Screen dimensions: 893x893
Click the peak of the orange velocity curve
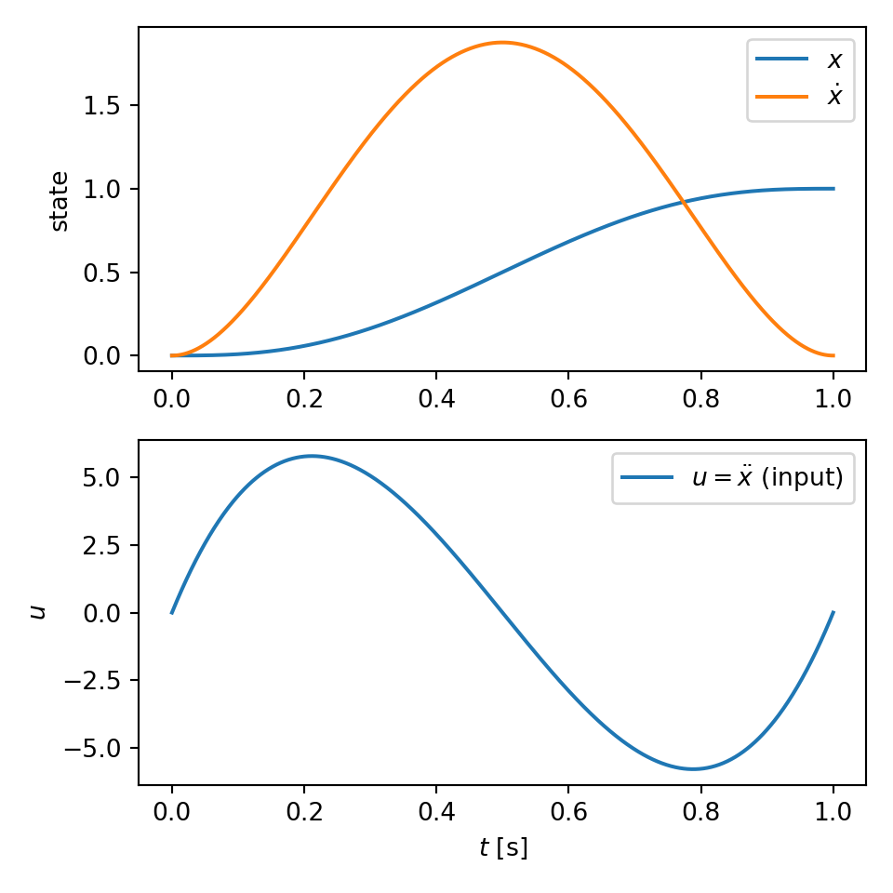pyautogui.click(x=502, y=42)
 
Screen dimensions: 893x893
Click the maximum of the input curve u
pyautogui.click(x=312, y=456)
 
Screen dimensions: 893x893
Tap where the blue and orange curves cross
pyautogui.click(x=684, y=201)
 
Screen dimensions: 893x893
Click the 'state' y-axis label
pyautogui.click(x=59, y=200)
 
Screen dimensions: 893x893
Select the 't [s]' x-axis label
pyautogui.click(x=502, y=847)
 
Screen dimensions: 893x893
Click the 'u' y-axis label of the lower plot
pyautogui.click(x=37, y=611)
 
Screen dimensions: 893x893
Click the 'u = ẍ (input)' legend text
pyautogui.click(x=766, y=478)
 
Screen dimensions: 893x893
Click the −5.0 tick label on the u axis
pyautogui.click(x=96, y=748)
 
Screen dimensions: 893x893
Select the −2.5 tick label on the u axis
pyautogui.click(x=96, y=680)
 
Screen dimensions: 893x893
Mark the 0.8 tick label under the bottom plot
pyautogui.click(x=701, y=812)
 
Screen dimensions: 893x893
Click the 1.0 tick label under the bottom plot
pyautogui.click(x=833, y=812)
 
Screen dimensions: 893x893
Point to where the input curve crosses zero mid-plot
pyautogui.click(x=502, y=612)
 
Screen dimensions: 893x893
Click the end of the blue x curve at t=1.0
pyautogui.click(x=833, y=189)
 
